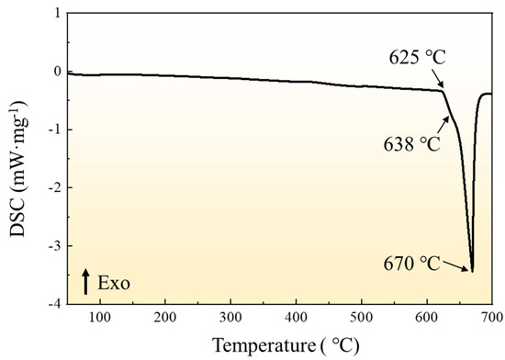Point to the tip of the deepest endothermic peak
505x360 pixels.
[472, 271]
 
